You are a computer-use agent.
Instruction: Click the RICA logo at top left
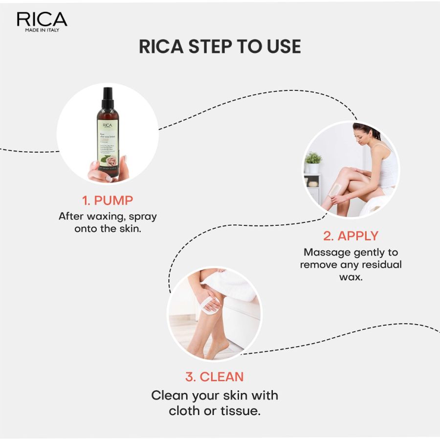42,19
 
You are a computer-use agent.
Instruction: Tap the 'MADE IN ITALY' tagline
42,30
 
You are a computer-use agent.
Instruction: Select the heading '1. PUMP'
107,200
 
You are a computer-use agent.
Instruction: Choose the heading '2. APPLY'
351,236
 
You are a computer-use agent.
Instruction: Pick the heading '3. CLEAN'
214,377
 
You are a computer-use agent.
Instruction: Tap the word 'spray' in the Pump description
143,216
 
